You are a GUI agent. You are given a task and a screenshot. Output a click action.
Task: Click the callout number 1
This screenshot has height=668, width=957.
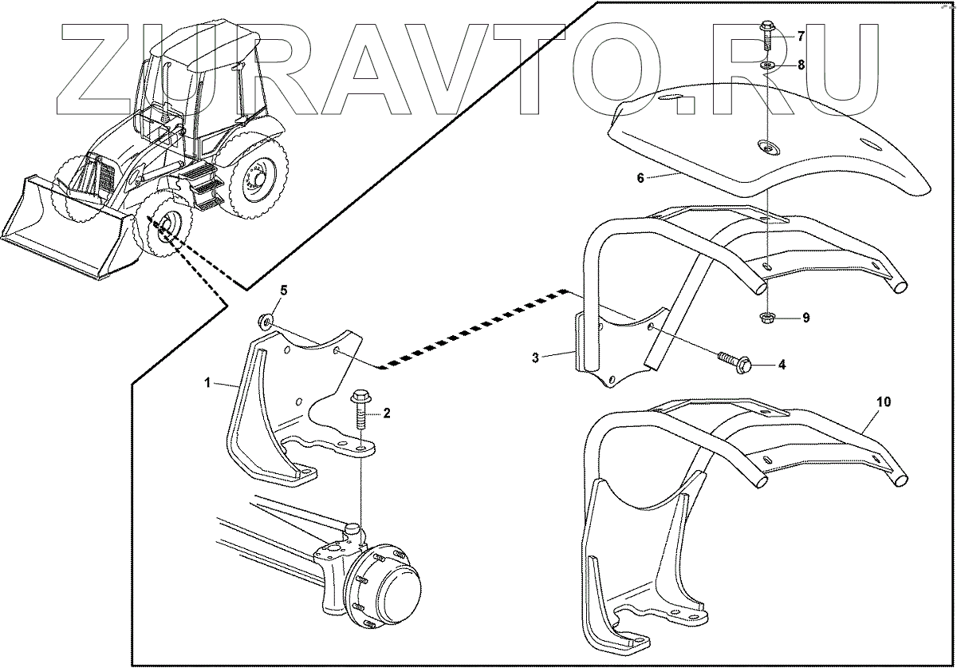point(207,383)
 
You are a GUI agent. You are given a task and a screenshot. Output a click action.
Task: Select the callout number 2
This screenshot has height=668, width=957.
point(387,413)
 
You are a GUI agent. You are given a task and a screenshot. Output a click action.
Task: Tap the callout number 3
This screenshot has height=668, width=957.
point(536,357)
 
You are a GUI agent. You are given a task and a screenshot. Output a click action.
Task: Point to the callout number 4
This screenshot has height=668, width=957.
point(782,365)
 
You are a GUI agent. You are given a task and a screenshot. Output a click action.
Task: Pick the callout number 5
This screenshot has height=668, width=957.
point(283,289)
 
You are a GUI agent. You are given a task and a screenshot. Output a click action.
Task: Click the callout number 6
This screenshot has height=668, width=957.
point(640,179)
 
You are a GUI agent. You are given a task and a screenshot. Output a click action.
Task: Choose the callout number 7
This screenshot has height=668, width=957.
point(801,37)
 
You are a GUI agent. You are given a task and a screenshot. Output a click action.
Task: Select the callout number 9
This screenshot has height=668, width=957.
point(805,318)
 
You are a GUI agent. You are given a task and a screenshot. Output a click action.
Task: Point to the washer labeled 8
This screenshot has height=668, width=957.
point(767,65)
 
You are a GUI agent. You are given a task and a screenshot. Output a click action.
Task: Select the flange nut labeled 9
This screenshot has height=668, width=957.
point(766,318)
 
